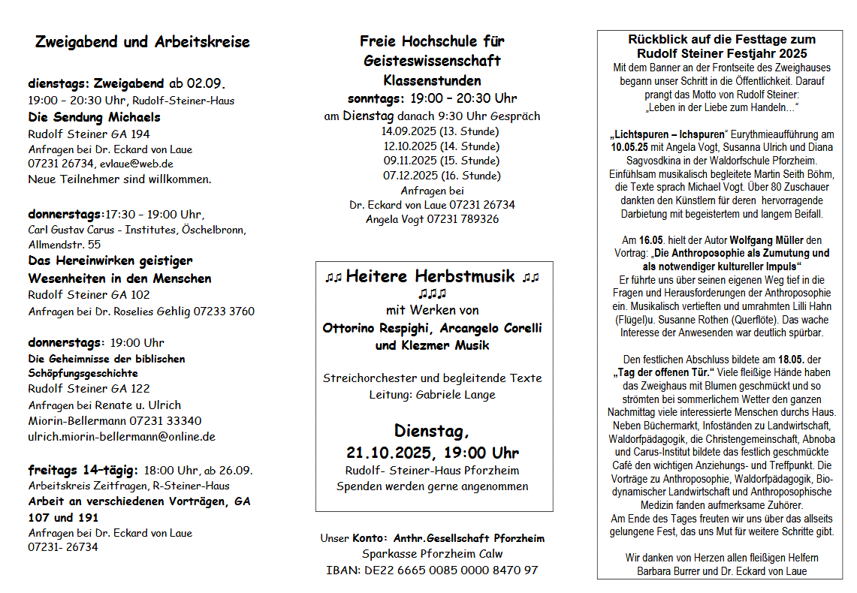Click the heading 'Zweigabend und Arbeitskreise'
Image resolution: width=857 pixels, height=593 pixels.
click(x=142, y=42)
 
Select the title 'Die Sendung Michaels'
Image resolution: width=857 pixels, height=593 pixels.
click(x=94, y=117)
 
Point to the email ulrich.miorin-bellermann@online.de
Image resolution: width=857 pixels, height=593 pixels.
click(x=122, y=436)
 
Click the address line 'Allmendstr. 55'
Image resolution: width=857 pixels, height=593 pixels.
click(x=64, y=245)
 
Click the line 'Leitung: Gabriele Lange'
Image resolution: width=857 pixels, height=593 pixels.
click(x=432, y=394)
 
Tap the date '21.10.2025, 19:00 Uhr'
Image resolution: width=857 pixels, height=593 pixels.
click(x=432, y=453)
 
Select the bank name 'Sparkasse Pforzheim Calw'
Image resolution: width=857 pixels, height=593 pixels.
click(x=432, y=554)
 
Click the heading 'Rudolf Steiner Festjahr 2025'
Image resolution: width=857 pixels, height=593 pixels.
click(x=722, y=53)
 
